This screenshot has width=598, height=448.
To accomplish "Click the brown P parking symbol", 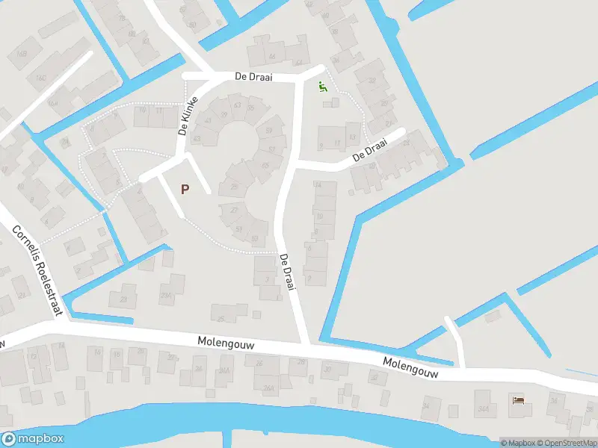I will (185, 189).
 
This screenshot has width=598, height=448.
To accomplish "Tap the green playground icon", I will (323, 87).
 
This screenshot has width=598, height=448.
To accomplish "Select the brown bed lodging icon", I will (518, 401).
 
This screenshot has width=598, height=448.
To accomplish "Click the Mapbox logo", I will (32, 439).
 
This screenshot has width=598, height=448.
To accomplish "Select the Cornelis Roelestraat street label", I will (37, 270).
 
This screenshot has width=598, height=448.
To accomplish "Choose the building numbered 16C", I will (39, 79).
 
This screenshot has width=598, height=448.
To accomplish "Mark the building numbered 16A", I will (54, 103).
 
